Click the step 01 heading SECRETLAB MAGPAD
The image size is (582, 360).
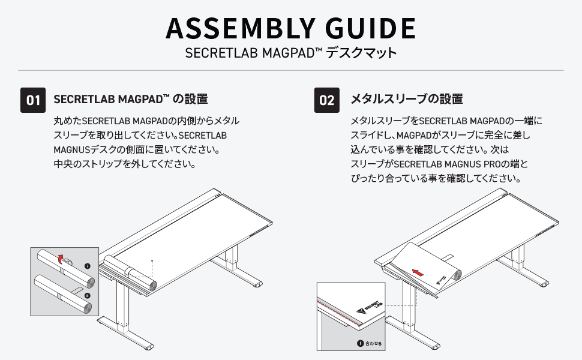pyautogui.click(x=113, y=98)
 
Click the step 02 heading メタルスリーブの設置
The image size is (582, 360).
pyautogui.click(x=406, y=98)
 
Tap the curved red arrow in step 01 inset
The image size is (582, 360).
pyautogui.click(x=59, y=259)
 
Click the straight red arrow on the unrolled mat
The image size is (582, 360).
pyautogui.click(x=418, y=272)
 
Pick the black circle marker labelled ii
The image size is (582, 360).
pyautogui.click(x=87, y=295)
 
